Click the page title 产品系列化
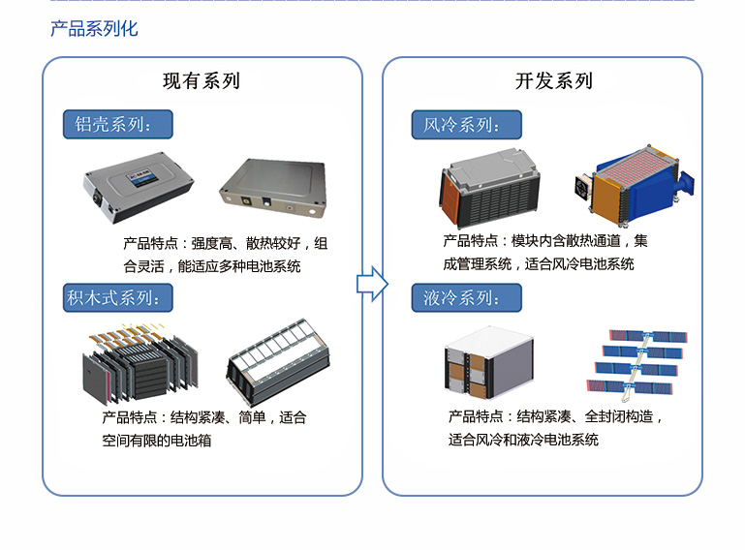94,28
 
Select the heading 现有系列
201,80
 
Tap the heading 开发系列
553,80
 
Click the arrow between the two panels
372,284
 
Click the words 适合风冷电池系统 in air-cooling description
578,264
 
